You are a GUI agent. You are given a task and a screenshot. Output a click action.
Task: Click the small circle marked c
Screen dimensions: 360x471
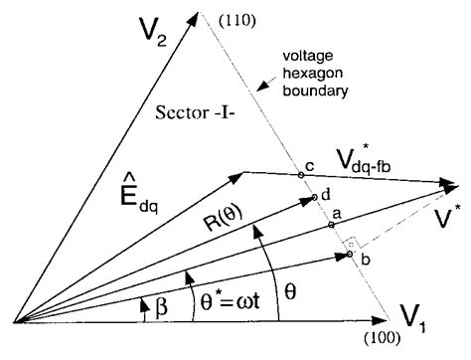[x=301, y=175]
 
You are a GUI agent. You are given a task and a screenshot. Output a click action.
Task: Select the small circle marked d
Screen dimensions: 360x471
[x=314, y=197]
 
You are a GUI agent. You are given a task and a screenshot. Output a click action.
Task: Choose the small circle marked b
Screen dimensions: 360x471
[x=350, y=256]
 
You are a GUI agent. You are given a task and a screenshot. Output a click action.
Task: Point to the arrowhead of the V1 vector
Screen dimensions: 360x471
[x=381, y=321]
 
